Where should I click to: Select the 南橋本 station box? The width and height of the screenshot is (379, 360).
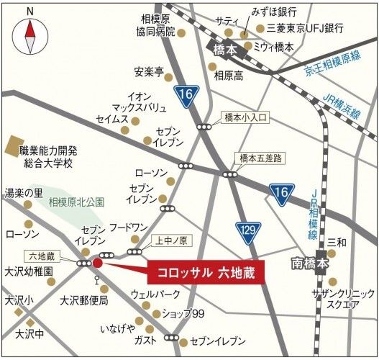coord(310,264)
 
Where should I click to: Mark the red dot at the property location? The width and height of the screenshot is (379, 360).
coord(98,264)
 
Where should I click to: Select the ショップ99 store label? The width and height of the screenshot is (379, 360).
coord(183,312)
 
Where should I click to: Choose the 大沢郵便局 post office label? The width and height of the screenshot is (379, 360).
coord(83,300)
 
